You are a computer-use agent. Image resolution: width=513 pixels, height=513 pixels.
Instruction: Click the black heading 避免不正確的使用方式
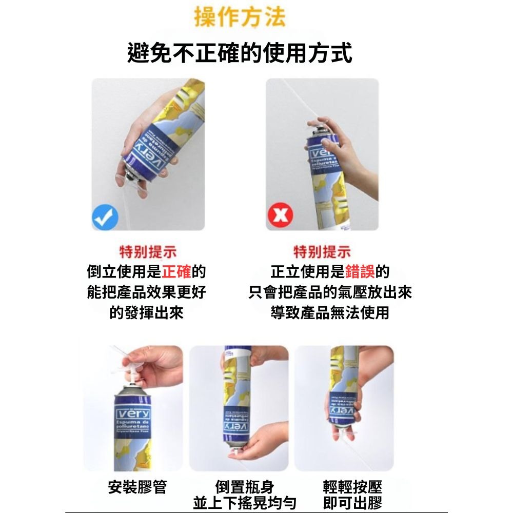[x=240, y=53]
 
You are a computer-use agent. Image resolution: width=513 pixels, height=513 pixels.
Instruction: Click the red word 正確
[x=176, y=271]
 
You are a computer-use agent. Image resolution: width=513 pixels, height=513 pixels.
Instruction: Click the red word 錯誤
[x=359, y=271]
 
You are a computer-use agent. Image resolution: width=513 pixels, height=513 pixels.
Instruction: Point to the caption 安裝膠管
[x=137, y=487]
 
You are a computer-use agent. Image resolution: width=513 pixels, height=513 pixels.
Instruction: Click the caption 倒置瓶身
[x=245, y=487]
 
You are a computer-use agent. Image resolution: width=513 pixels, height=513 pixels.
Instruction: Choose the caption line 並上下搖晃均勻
[x=245, y=503]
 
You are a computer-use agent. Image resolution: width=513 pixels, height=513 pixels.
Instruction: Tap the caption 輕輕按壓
[x=352, y=487]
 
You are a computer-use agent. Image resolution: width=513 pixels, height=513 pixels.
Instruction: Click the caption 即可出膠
[x=352, y=503]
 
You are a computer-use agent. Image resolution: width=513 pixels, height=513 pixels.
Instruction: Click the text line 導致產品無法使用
[x=330, y=312]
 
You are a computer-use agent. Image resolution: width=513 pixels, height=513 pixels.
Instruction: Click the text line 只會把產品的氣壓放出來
[x=330, y=292]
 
